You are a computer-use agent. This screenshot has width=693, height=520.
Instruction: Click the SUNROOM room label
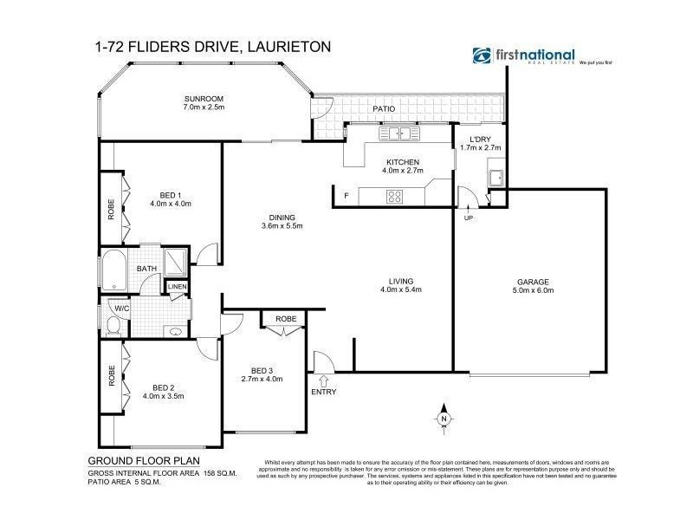[x=204, y=99]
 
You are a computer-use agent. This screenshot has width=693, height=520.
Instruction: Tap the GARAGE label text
[x=534, y=282]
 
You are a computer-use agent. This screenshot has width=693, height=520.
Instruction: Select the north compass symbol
[x=443, y=416]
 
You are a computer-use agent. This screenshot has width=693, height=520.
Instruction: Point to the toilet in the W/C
[x=113, y=326]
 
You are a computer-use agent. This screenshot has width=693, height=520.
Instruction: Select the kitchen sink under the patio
[x=399, y=133]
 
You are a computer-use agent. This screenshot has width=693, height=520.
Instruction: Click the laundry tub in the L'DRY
[x=496, y=179]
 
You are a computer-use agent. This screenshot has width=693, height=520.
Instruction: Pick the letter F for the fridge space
[x=346, y=195]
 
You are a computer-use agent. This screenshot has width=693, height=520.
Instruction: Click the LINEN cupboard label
[x=177, y=286]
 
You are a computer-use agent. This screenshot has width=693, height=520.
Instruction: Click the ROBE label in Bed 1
[x=111, y=211]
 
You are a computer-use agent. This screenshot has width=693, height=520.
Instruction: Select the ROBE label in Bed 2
[x=111, y=374]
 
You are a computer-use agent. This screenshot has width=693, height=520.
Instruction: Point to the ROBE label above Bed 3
[x=285, y=319]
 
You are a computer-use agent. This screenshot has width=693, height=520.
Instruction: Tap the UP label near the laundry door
[x=469, y=217]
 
